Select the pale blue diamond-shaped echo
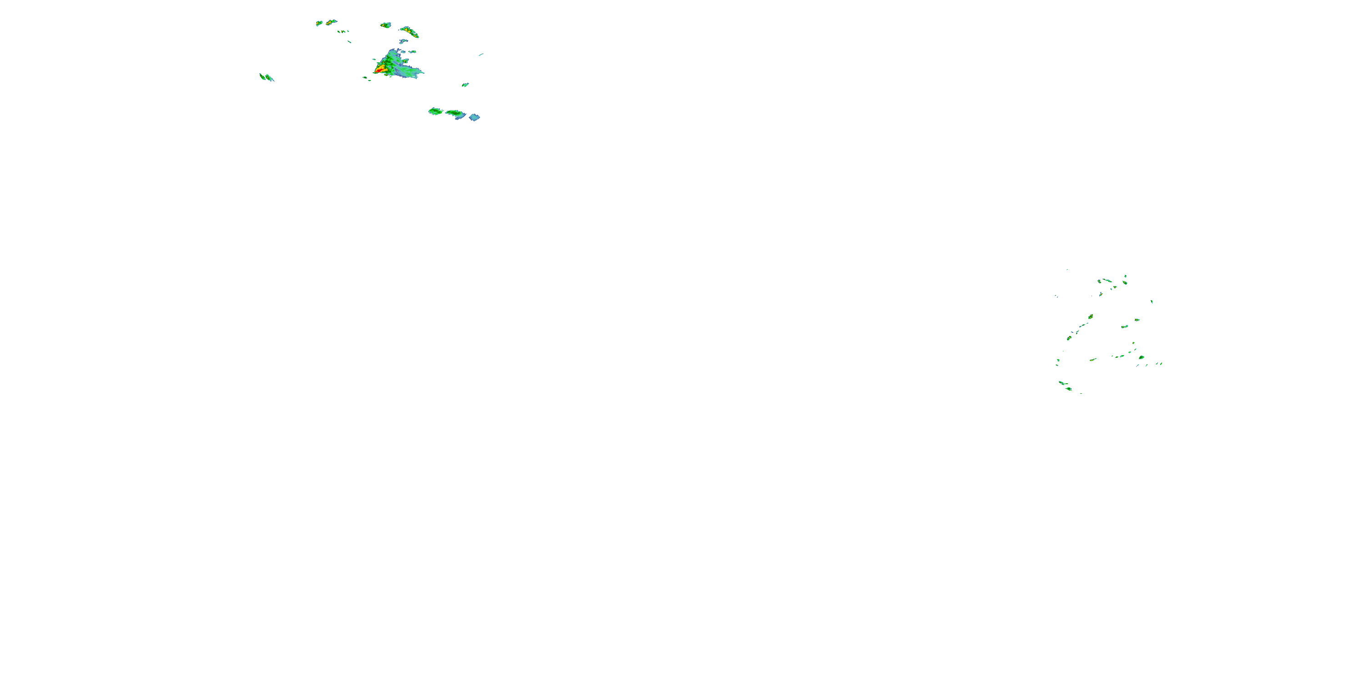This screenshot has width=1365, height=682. pos(474,117)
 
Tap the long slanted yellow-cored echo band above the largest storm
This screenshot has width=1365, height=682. pos(409,31)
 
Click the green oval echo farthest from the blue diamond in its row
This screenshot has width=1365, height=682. pos(435,111)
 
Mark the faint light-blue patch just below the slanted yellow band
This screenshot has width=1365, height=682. pos(404,41)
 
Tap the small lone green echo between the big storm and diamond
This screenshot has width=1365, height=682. pos(465,85)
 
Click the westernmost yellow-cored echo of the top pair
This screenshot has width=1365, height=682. pos(319,23)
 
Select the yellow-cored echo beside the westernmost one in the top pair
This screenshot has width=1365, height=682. pos(331,22)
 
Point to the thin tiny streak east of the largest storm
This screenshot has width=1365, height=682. pos(480,54)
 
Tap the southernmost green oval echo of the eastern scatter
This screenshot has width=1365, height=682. pos(1069,389)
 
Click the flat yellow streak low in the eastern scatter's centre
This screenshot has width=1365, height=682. pos(1092,360)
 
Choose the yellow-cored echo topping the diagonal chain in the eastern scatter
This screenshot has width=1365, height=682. pos(1091,316)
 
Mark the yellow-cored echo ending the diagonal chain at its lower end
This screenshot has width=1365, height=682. pos(1069,338)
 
